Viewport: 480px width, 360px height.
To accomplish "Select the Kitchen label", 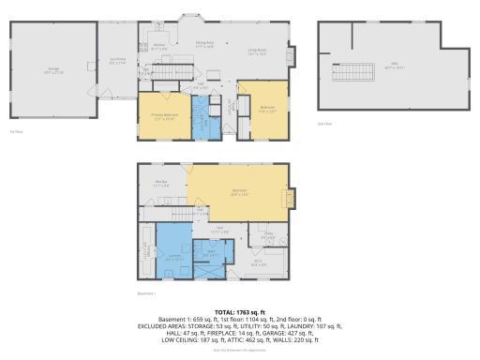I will click(x=159, y=47).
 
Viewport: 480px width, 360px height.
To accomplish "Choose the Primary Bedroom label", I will click(x=163, y=116).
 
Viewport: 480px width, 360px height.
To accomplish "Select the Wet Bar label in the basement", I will click(x=161, y=184).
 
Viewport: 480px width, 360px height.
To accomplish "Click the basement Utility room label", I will click(x=268, y=235).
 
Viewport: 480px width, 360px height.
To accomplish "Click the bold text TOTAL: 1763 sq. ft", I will click(x=239, y=311).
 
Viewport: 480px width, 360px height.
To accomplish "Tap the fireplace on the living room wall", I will click(x=291, y=53).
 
